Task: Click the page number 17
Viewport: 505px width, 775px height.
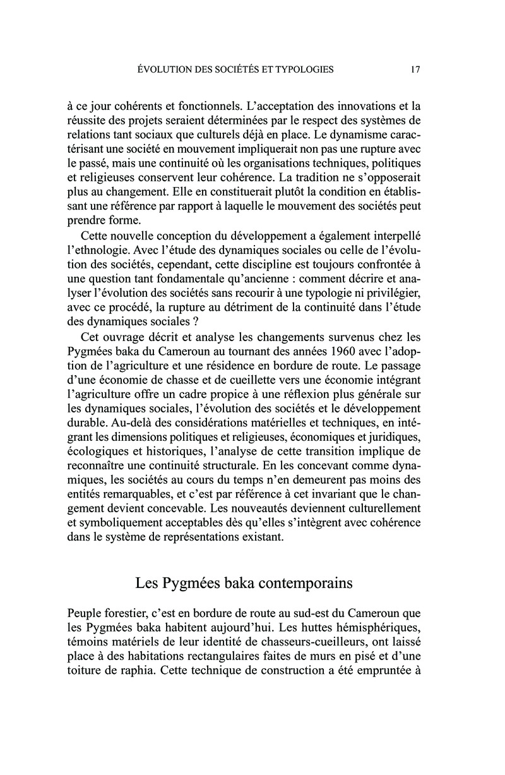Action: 415,70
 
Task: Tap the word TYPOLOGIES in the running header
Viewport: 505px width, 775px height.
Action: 302,70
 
